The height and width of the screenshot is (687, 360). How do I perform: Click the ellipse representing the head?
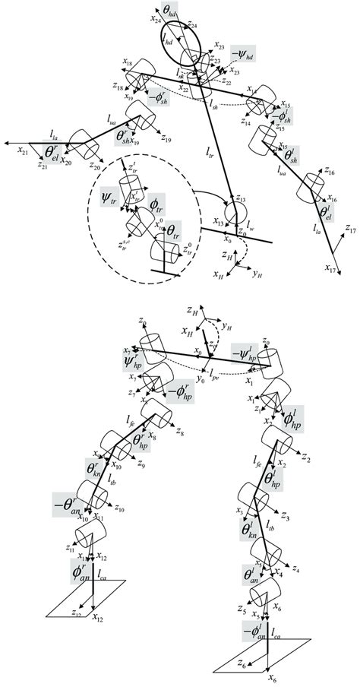coord(176,49)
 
